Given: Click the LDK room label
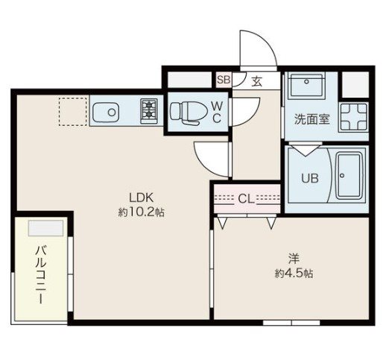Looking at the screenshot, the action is coord(141,198).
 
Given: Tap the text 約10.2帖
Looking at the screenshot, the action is coord(141,212).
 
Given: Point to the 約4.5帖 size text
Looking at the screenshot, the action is coord(294,274).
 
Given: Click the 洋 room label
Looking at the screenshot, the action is coord(294,259).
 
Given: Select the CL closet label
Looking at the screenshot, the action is coord(246,199).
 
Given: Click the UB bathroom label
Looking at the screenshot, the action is coord(310,178).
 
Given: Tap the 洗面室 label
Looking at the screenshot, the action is coord(312,119).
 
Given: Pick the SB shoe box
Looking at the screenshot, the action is coord(224,80).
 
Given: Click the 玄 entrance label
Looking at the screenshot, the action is coord(257,81).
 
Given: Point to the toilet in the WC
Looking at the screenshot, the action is coord(186,113).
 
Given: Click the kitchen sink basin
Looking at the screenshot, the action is coord(106,113).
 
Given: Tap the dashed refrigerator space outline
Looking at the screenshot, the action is coord(73,111).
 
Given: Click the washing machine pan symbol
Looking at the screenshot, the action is coord(354,117).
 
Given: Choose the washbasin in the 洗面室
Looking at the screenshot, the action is coord(307,85).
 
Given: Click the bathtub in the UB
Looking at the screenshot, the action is coord(349,175).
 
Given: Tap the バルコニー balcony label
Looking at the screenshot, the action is coord(41,274).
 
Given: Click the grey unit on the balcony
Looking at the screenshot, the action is coord(45,228).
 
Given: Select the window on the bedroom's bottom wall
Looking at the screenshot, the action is coord(291,323).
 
